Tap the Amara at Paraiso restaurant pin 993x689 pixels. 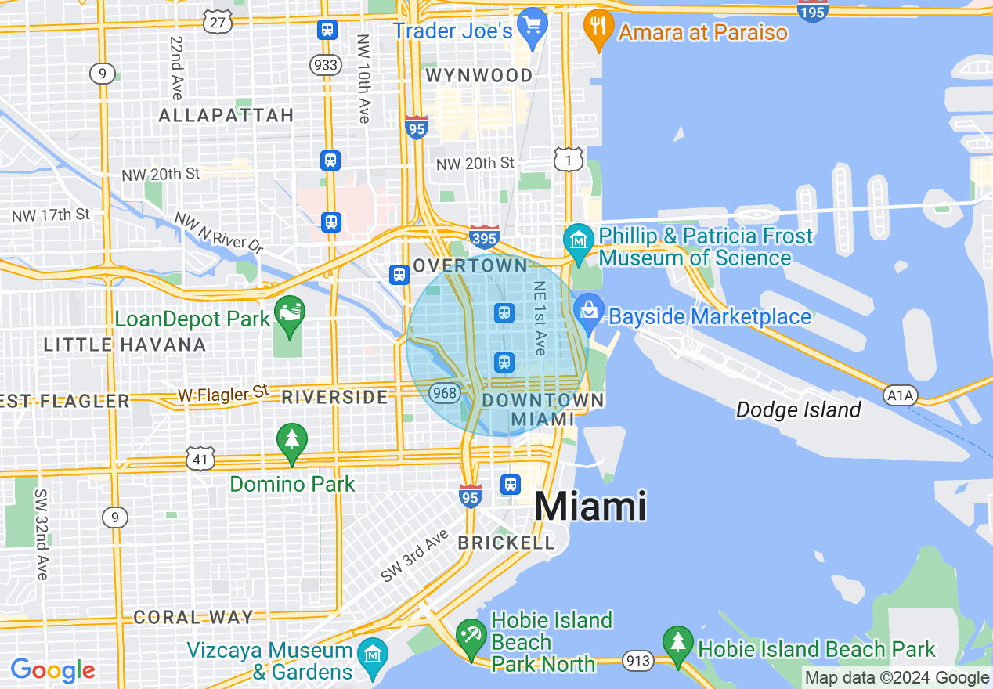598,29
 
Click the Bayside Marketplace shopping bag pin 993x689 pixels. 588,311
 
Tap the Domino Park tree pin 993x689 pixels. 292,442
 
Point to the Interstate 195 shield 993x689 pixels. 813,10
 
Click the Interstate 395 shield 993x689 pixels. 485,236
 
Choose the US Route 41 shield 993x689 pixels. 200,458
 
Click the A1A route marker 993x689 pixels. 900,395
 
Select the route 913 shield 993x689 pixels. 638,661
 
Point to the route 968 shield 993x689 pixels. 445,392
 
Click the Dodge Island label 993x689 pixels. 798,409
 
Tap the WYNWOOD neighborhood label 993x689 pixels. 479,75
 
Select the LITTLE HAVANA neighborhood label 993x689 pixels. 125,344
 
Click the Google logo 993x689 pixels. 52,670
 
